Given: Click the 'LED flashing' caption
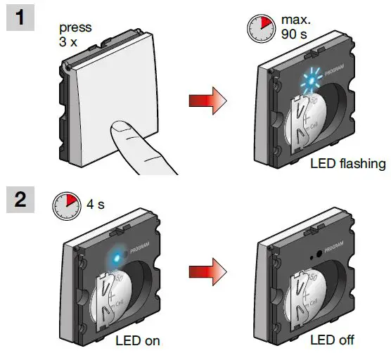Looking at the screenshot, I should pyautogui.click(x=347, y=164).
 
